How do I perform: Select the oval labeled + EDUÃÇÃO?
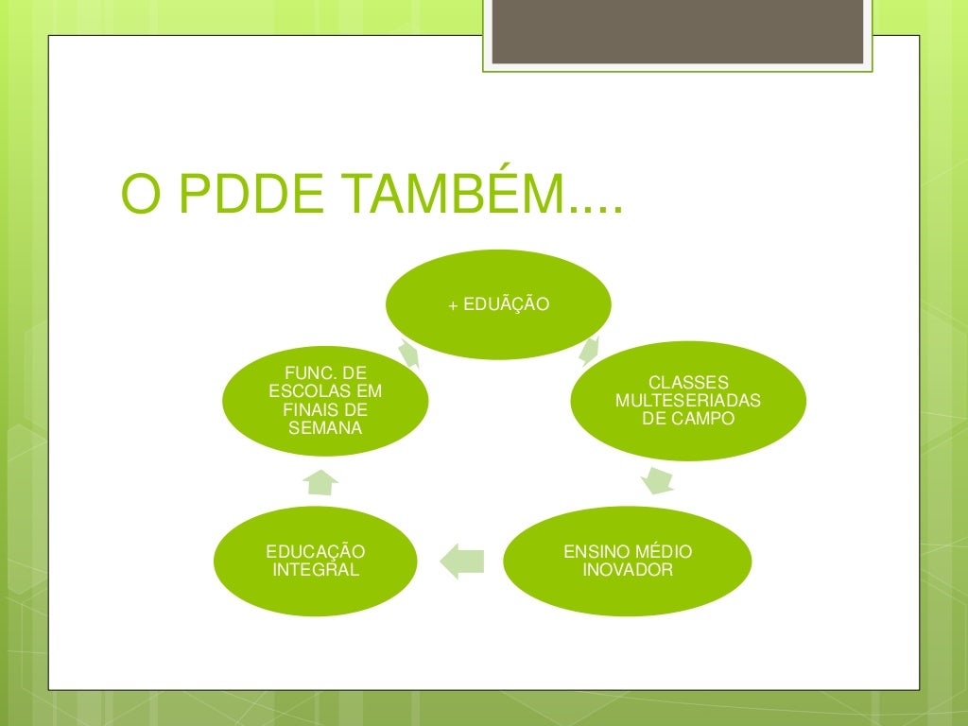498,304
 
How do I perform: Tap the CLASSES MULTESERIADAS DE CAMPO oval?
687,400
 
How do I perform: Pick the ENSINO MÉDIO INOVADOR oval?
627,561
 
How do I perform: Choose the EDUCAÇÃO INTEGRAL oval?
316,561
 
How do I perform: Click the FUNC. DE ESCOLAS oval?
325,401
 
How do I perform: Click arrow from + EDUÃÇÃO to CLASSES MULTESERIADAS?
589,352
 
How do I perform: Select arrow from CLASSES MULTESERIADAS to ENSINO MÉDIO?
658,480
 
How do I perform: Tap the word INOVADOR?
627,570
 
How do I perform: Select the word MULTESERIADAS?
687,401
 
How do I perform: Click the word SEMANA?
325,429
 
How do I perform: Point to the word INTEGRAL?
316,570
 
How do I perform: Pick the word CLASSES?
688,383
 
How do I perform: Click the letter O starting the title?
139,195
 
